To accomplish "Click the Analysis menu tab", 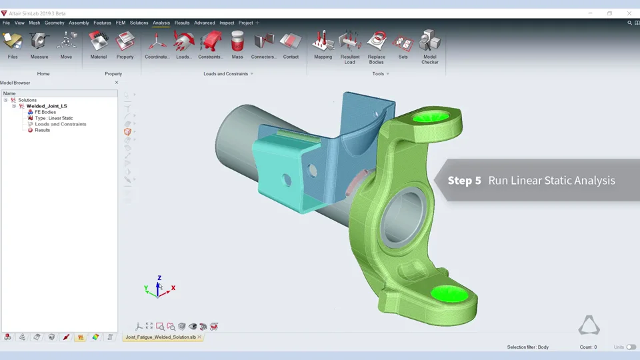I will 161,23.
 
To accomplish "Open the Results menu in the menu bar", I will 182,23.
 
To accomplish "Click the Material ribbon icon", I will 99,45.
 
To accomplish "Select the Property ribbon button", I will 125,45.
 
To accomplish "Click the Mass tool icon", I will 237,45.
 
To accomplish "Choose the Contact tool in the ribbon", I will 291,45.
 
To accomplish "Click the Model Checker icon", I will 430,45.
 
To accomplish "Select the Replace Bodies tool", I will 377,45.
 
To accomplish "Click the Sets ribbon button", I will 403,45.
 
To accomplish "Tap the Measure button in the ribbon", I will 39,45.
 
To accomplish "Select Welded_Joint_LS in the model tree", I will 47,106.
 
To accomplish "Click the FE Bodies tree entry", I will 45,112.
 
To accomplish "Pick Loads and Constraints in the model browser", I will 61,124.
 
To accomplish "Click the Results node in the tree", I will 43,130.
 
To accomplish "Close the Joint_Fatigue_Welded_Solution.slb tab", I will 199,337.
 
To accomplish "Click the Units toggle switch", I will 631,347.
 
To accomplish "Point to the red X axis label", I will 173,288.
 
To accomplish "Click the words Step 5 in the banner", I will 464,181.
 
